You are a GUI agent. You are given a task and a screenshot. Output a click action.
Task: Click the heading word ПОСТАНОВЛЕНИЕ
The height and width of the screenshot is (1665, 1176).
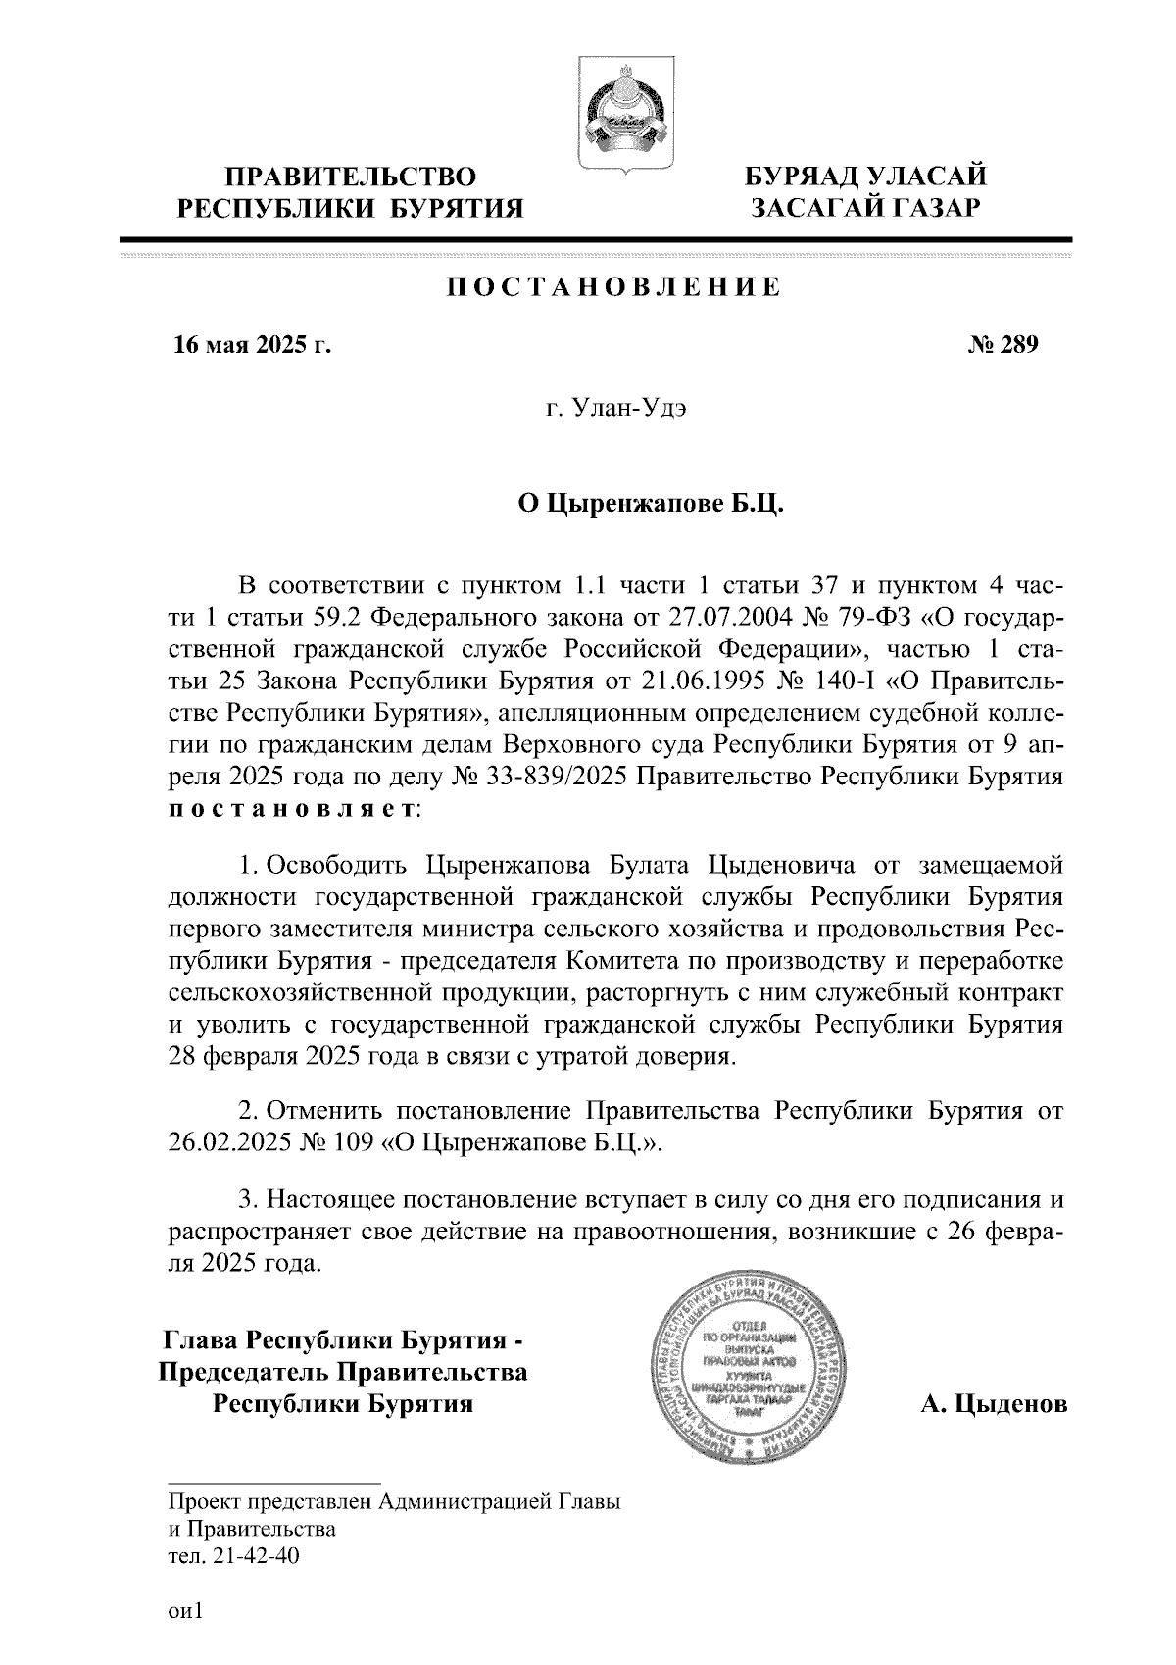pyautogui.click(x=614, y=287)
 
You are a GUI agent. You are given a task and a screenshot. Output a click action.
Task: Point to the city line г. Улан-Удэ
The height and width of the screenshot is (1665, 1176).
pyautogui.click(x=615, y=409)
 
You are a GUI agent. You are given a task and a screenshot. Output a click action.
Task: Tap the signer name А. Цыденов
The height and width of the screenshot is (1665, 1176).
pyautogui.click(x=993, y=1405)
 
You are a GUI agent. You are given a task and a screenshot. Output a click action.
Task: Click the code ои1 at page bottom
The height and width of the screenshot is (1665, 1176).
pyautogui.click(x=183, y=1610)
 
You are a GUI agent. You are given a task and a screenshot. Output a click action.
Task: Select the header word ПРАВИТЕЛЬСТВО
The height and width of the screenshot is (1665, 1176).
pyautogui.click(x=351, y=177)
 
